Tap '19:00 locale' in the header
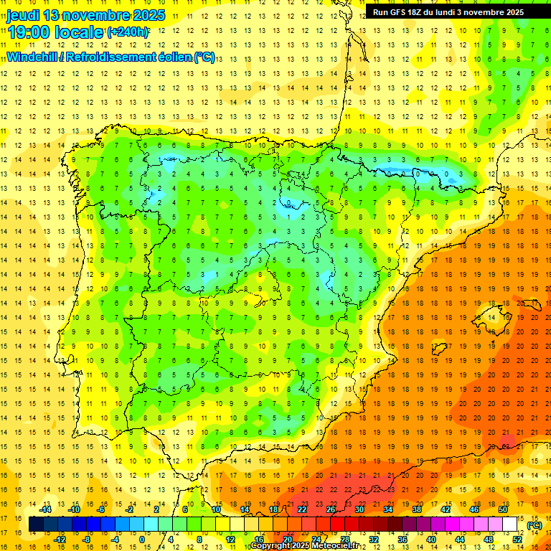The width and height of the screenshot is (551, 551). click(55, 32)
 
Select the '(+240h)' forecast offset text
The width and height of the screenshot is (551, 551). click(128, 32)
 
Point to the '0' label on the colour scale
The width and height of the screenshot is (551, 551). click(141, 539)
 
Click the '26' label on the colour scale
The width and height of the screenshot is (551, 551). click(331, 509)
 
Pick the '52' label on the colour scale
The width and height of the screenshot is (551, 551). click(517, 539)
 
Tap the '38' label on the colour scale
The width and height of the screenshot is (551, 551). click(417, 509)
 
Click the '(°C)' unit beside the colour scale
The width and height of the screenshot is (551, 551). click(534, 524)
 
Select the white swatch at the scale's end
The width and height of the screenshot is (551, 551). click(510, 524)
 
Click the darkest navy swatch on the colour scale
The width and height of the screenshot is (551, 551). click(37, 524)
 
